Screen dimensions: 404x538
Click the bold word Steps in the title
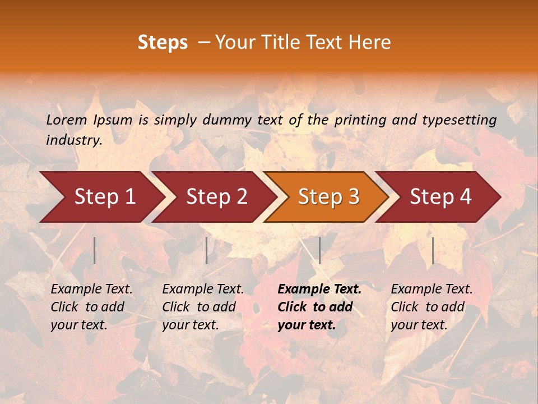tap(163, 43)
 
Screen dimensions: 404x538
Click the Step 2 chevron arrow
tap(216, 196)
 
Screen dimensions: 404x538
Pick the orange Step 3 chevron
tap(328, 196)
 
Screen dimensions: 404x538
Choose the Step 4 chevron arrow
tap(440, 196)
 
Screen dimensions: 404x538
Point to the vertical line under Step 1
tap(95, 250)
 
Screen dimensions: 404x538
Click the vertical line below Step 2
tap(207, 250)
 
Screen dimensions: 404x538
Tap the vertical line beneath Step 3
tap(320, 250)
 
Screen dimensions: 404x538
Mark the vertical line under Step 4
tap(433, 250)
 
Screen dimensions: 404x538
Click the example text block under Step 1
tap(91, 307)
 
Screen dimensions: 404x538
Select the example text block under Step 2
tap(202, 307)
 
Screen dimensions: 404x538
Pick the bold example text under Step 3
tap(319, 307)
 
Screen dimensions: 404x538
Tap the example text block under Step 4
tap(431, 307)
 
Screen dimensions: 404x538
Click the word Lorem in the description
tap(66, 120)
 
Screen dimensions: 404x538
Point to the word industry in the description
tap(73, 140)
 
